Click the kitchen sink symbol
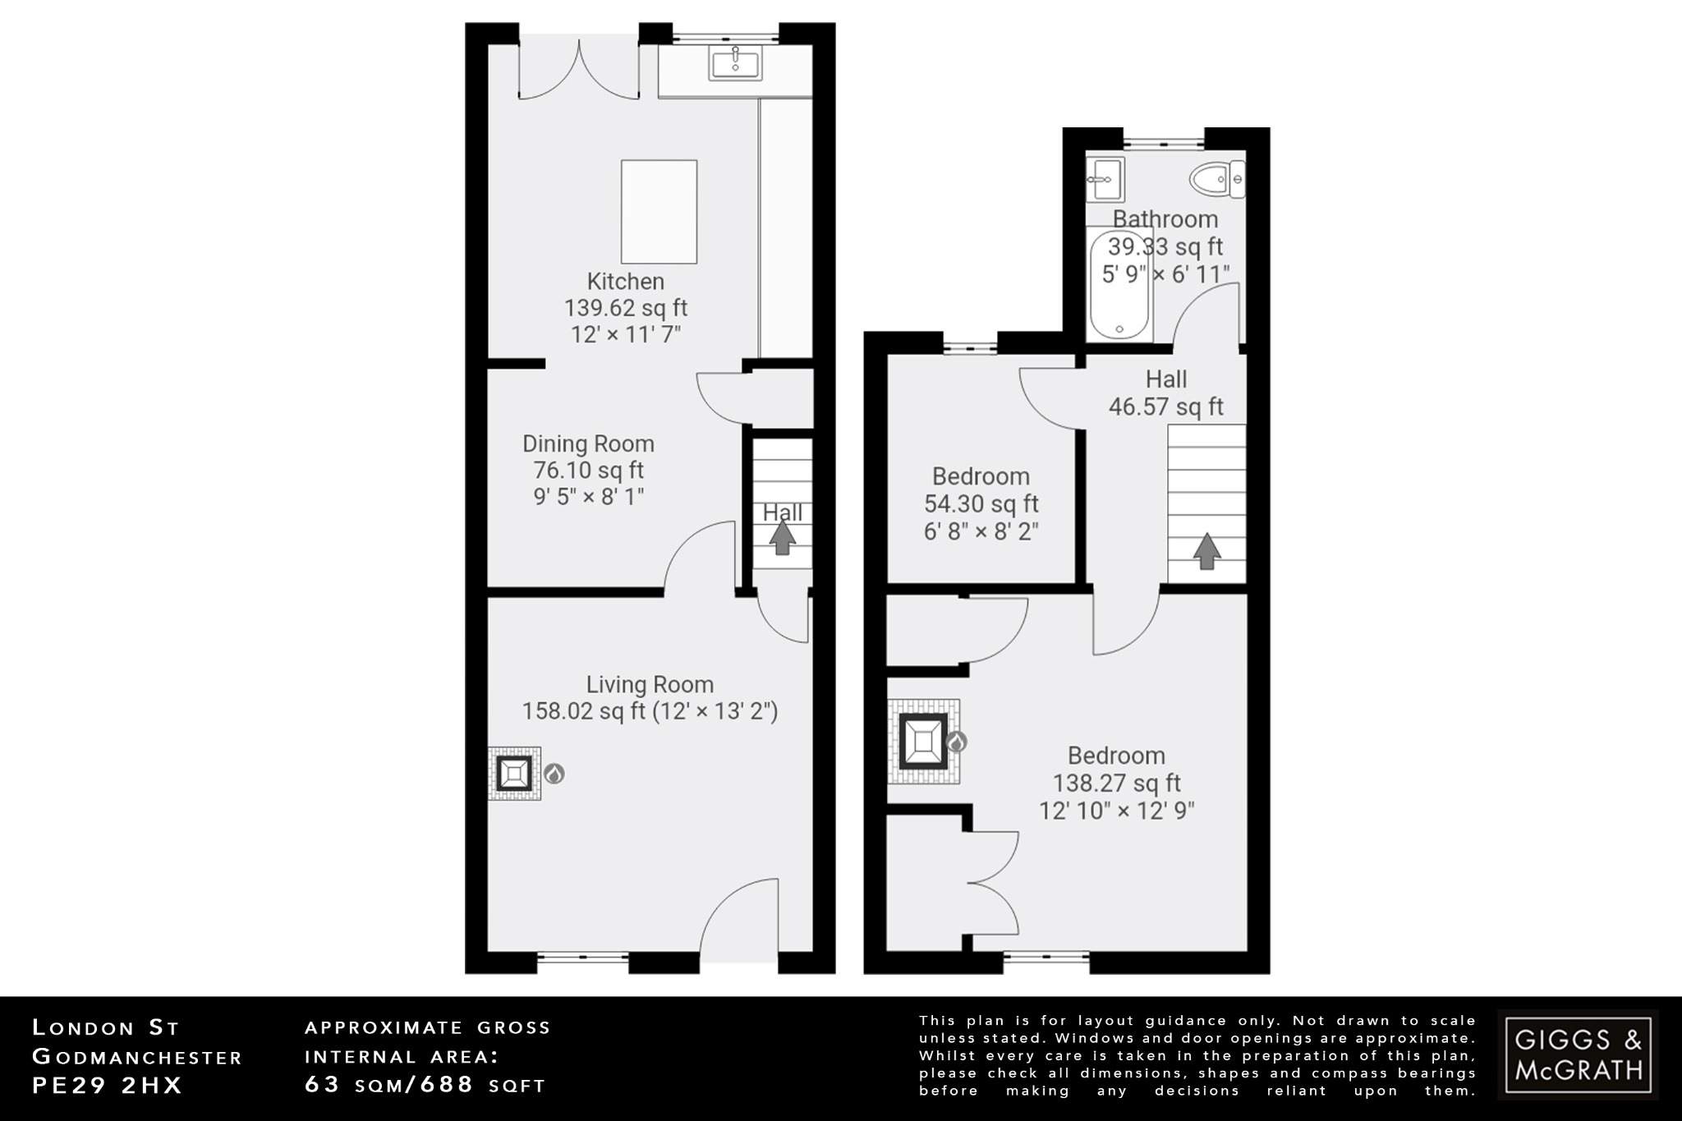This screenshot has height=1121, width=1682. click(x=735, y=62)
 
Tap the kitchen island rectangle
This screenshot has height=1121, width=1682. click(x=659, y=212)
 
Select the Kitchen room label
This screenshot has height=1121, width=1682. click(x=625, y=282)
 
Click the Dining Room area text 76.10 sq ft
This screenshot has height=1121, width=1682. click(x=588, y=471)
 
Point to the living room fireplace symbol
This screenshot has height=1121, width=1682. click(x=515, y=774)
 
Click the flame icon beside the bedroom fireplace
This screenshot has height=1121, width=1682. click(x=956, y=742)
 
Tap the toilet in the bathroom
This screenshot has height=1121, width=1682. click(x=1216, y=179)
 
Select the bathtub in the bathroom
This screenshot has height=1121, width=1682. click(x=1120, y=284)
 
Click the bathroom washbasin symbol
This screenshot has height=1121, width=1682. click(x=1104, y=179)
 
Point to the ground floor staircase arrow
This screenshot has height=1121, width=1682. click(x=782, y=538)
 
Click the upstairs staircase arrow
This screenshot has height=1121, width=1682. click(x=1206, y=551)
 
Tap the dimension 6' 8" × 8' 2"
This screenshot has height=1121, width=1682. click(x=981, y=531)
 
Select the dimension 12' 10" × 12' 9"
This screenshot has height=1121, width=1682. click(x=1116, y=811)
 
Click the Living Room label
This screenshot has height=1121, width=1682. click(x=650, y=684)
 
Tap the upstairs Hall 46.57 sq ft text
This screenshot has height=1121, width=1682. click(x=1165, y=407)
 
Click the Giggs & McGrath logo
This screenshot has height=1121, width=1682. click(x=1578, y=1054)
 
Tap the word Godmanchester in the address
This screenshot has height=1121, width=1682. click(x=136, y=1057)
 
